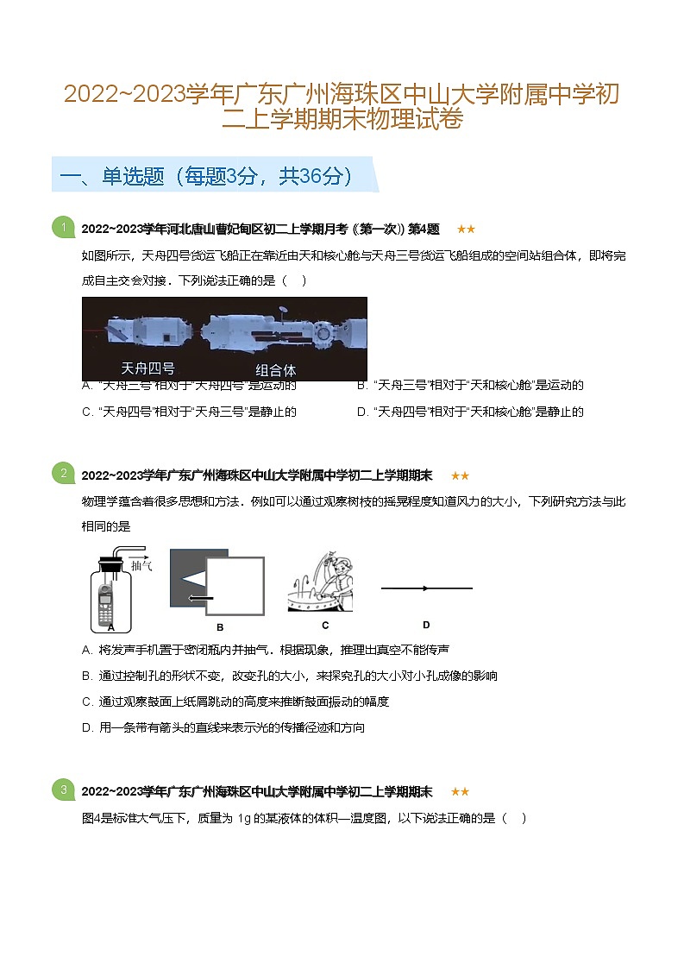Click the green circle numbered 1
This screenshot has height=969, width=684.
pyautogui.click(x=63, y=227)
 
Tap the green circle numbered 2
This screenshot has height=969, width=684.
pyautogui.click(x=63, y=473)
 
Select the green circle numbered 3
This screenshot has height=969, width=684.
pyautogui.click(x=63, y=790)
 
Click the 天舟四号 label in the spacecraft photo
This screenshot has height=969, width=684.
pyautogui.click(x=147, y=368)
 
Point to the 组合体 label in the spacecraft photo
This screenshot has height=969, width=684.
pyautogui.click(x=275, y=369)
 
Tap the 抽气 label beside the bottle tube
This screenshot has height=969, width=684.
pyautogui.click(x=142, y=565)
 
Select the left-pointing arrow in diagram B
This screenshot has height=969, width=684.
pyautogui.click(x=201, y=597)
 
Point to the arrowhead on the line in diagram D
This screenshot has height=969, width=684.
pyautogui.click(x=426, y=588)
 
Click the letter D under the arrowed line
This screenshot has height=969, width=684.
pyautogui.click(x=426, y=625)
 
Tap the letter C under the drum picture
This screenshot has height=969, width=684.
pyautogui.click(x=325, y=625)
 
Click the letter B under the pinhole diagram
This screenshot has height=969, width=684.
pyautogui.click(x=220, y=627)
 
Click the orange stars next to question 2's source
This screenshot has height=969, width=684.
pyautogui.click(x=460, y=475)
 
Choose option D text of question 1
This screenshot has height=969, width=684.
pyautogui.click(x=470, y=412)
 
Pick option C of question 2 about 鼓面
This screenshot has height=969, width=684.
pyautogui.click(x=235, y=702)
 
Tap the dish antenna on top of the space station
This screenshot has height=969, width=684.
pyautogui.click(x=284, y=309)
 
